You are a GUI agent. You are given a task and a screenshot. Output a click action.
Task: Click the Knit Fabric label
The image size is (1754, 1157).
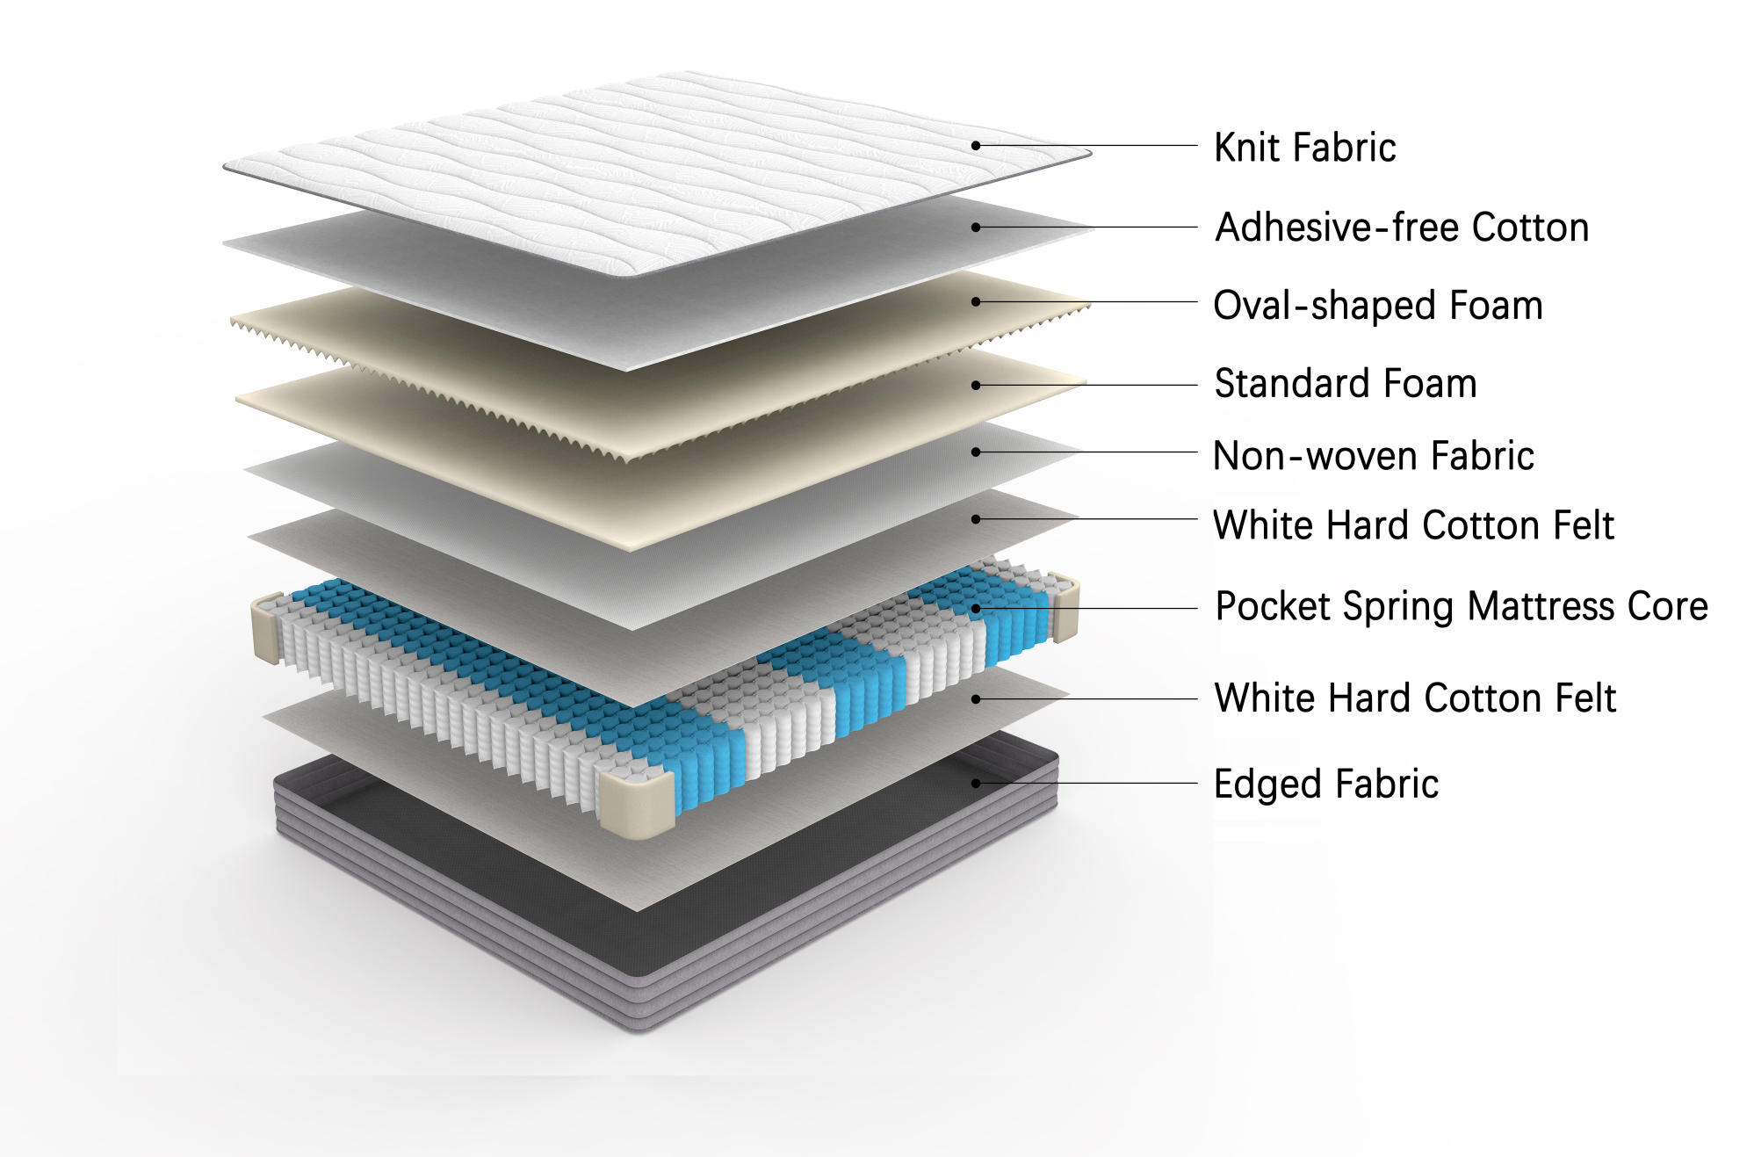pos(1304,148)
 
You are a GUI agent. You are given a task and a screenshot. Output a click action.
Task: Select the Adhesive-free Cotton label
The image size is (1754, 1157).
pos(1402,227)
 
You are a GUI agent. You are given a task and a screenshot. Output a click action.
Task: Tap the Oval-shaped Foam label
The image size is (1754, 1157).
pos(1378,306)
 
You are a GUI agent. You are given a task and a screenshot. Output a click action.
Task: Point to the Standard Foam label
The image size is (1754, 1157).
pos(1346,384)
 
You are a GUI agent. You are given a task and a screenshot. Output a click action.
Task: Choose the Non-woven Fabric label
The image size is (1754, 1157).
pos(1374,456)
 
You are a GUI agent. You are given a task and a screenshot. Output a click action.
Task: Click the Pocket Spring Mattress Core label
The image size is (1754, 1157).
pos(1462,606)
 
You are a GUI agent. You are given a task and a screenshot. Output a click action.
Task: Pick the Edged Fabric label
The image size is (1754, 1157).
pos(1326,784)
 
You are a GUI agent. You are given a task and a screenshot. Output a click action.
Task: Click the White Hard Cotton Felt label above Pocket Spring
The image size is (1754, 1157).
pos(1413,525)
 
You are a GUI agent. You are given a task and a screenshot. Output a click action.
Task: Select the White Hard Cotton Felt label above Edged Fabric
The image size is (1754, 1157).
pos(1415,698)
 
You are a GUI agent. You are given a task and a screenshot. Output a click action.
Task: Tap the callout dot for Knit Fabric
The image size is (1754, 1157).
pos(976,146)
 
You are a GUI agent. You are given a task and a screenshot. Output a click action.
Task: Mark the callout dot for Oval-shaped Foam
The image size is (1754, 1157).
pos(976,301)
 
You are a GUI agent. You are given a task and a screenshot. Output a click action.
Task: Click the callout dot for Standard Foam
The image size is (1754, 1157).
pos(976,385)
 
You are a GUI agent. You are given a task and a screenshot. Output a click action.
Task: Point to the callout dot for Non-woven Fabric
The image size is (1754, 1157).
pos(976,452)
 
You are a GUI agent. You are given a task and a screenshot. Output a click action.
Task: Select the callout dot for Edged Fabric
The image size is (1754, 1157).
pos(976,783)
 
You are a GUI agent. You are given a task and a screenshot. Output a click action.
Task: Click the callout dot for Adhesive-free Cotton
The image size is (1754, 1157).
pos(976,227)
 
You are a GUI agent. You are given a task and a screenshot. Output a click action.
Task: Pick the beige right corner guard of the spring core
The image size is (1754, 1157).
pos(1065,606)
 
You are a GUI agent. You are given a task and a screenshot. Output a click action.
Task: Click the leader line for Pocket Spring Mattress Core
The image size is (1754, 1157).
pos(1086,608)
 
